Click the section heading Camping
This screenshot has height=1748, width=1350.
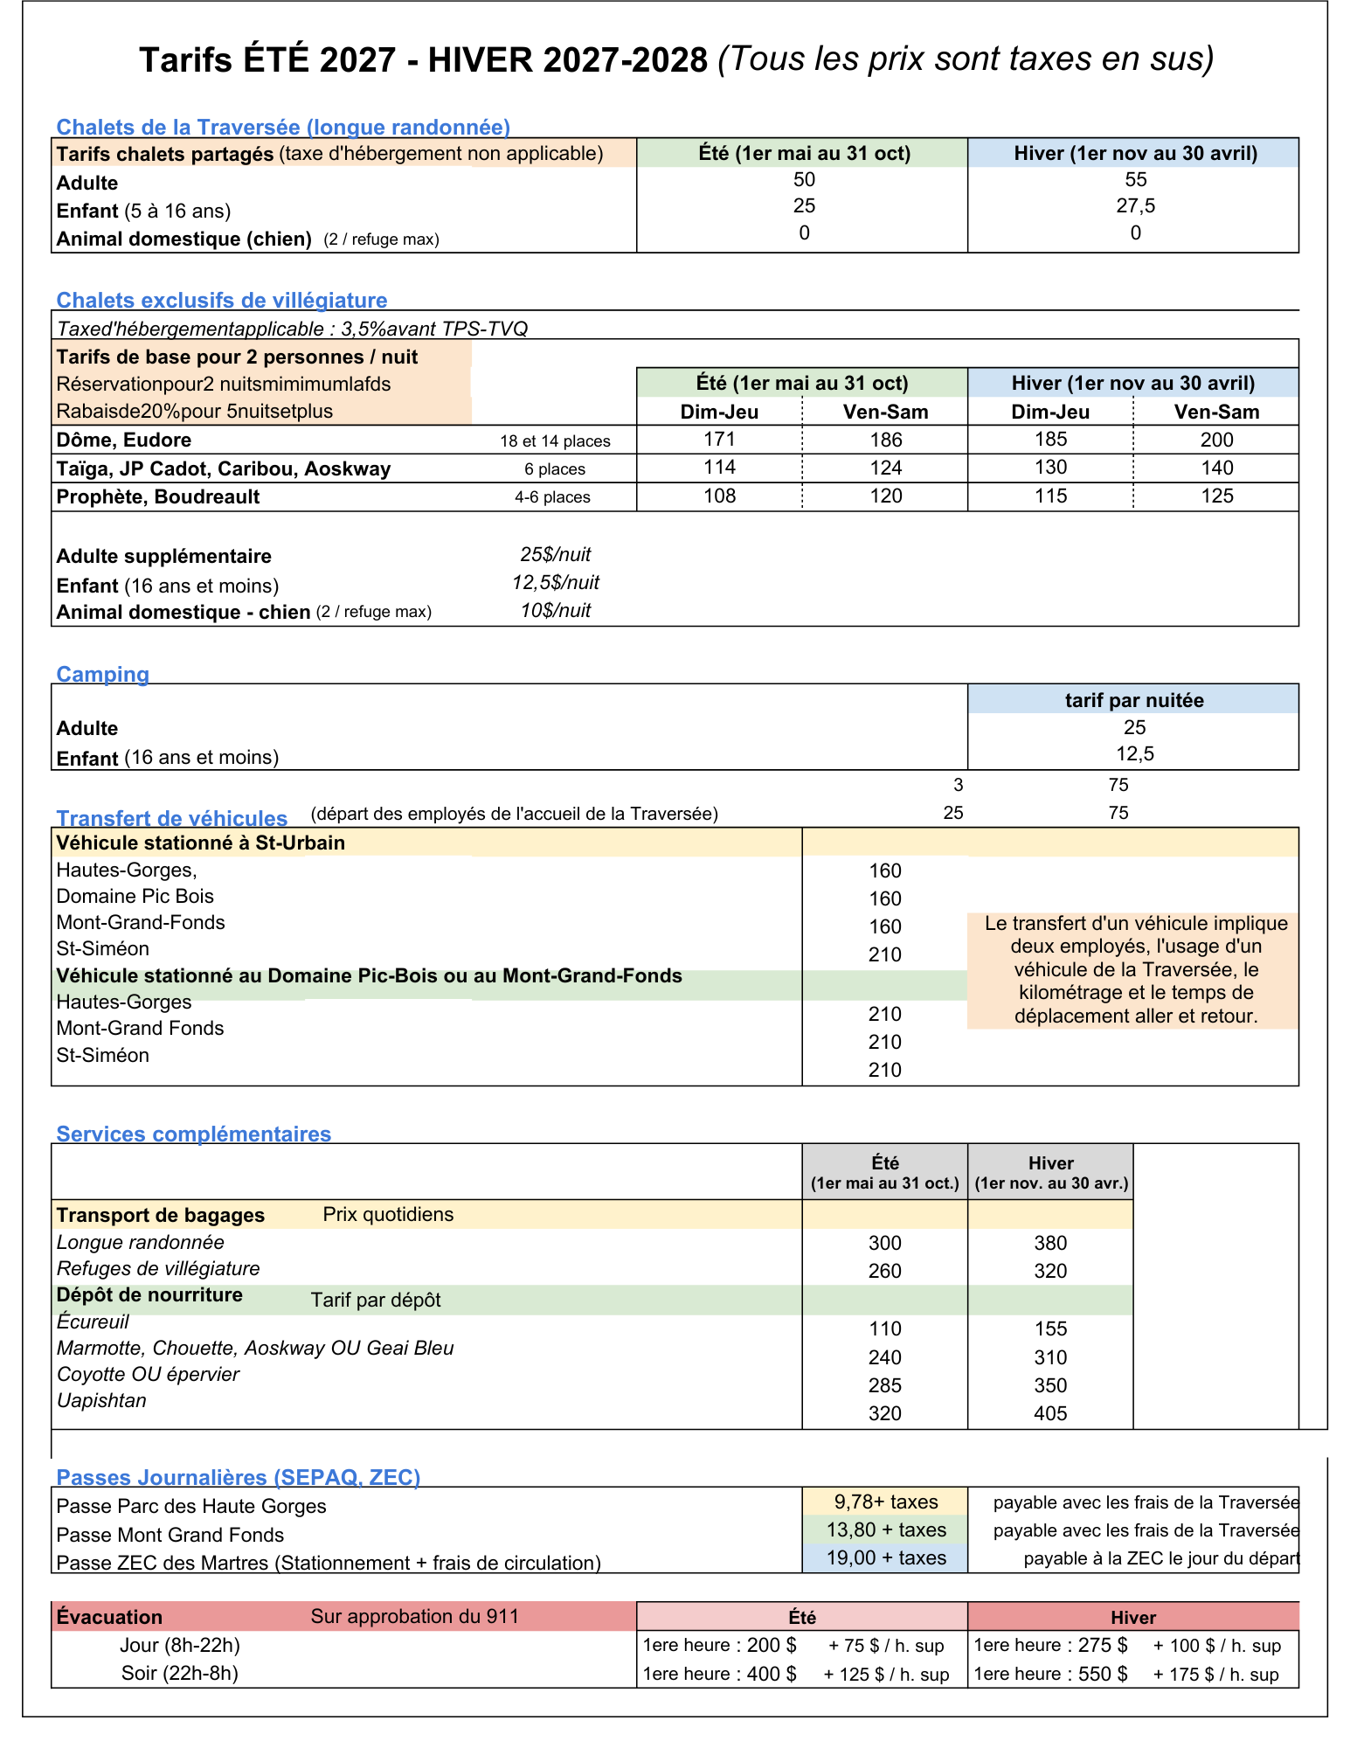coord(102,674)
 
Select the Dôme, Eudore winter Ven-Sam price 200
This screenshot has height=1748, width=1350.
coord(1216,440)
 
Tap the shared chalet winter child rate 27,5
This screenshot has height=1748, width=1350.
coord(1135,206)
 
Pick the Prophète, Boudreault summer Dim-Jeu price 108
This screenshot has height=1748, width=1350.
coord(719,496)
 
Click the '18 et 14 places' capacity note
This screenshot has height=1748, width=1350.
coord(555,441)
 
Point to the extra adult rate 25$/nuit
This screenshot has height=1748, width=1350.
coord(556,555)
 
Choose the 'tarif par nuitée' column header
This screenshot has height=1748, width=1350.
coord(1133,700)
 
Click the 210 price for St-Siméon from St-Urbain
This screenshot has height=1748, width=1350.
coord(884,954)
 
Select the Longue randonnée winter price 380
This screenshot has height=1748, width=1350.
coord(1050,1243)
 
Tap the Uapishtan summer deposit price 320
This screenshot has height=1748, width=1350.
coord(884,1413)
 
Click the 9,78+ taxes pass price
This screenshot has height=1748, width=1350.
coord(885,1502)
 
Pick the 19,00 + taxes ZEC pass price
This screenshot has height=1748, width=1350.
coord(885,1557)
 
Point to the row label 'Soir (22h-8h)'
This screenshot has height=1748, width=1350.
coord(179,1673)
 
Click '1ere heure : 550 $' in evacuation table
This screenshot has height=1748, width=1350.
coord(1050,1674)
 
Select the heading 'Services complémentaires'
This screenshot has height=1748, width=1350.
coord(193,1134)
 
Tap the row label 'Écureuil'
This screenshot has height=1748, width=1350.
coord(93,1321)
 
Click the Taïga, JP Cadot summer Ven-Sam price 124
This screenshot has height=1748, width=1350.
coord(885,468)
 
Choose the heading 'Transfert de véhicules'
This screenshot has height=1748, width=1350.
coord(171,818)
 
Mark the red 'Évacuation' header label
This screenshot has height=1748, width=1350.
coord(109,1617)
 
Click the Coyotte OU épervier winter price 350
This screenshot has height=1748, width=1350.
coord(1050,1385)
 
